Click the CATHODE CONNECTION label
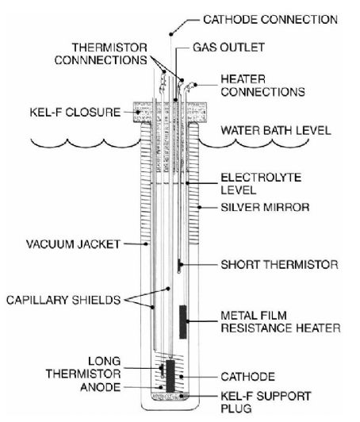[x=270, y=20]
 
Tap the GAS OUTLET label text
[x=228, y=48]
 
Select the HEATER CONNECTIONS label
[x=263, y=86]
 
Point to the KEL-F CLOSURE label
[x=75, y=112]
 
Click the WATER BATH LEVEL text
[x=276, y=131]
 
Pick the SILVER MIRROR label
[x=265, y=207]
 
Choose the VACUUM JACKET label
[x=73, y=244]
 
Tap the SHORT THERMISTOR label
[x=279, y=265]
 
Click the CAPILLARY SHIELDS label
[x=63, y=300]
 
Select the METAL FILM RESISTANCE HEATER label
[x=281, y=322]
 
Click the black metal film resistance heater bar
[x=183, y=322]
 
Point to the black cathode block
[x=170, y=376]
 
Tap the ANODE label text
[x=101, y=387]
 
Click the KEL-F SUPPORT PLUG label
[x=266, y=402]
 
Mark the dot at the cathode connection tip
[x=170, y=34]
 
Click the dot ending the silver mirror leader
[x=199, y=207]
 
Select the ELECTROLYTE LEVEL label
[x=261, y=184]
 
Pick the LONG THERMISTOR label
[x=83, y=367]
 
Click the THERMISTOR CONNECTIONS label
[x=101, y=54]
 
